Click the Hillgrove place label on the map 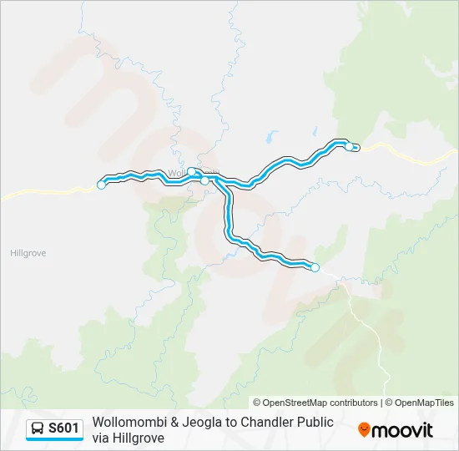(30, 251)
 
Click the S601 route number (63, 428)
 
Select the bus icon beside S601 (38, 428)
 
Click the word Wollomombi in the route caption (130, 422)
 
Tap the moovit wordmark (403, 429)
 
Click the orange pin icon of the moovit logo (364, 430)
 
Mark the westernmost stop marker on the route (102, 185)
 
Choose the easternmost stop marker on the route (350, 145)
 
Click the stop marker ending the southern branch (315, 267)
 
